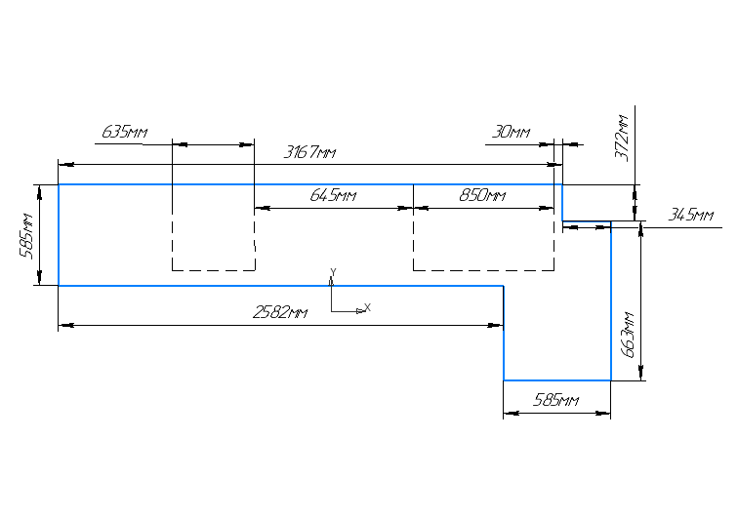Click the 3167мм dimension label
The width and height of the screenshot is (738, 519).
point(309,153)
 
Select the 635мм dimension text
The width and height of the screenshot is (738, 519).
point(124,132)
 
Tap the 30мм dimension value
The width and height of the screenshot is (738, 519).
point(512,132)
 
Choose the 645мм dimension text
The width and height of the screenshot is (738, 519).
point(333,196)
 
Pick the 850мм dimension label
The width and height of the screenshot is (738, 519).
point(482,196)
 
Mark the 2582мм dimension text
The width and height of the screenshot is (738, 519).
point(280,313)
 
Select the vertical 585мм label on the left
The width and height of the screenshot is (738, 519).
point(29,235)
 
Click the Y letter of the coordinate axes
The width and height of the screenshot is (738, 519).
point(334,270)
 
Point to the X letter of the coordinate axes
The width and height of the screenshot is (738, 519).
point(368,308)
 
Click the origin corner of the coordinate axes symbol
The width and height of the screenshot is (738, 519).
point(332,311)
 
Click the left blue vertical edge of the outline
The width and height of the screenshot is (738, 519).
point(59,235)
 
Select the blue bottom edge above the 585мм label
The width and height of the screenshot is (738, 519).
point(556,379)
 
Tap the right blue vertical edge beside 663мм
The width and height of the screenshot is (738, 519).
point(611,302)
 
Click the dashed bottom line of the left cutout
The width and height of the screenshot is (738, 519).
point(213,270)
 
